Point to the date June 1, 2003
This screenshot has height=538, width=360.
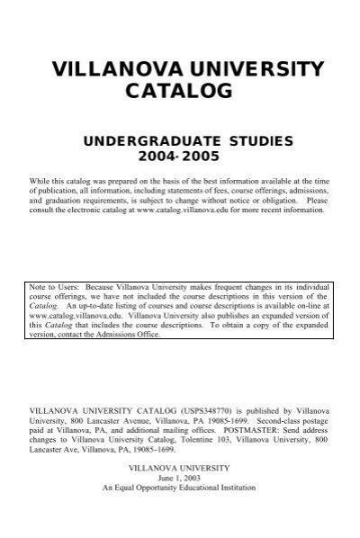[179, 478]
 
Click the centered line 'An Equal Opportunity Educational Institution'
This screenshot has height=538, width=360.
[179, 488]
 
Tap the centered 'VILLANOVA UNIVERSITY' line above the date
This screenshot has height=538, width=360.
[179, 468]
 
